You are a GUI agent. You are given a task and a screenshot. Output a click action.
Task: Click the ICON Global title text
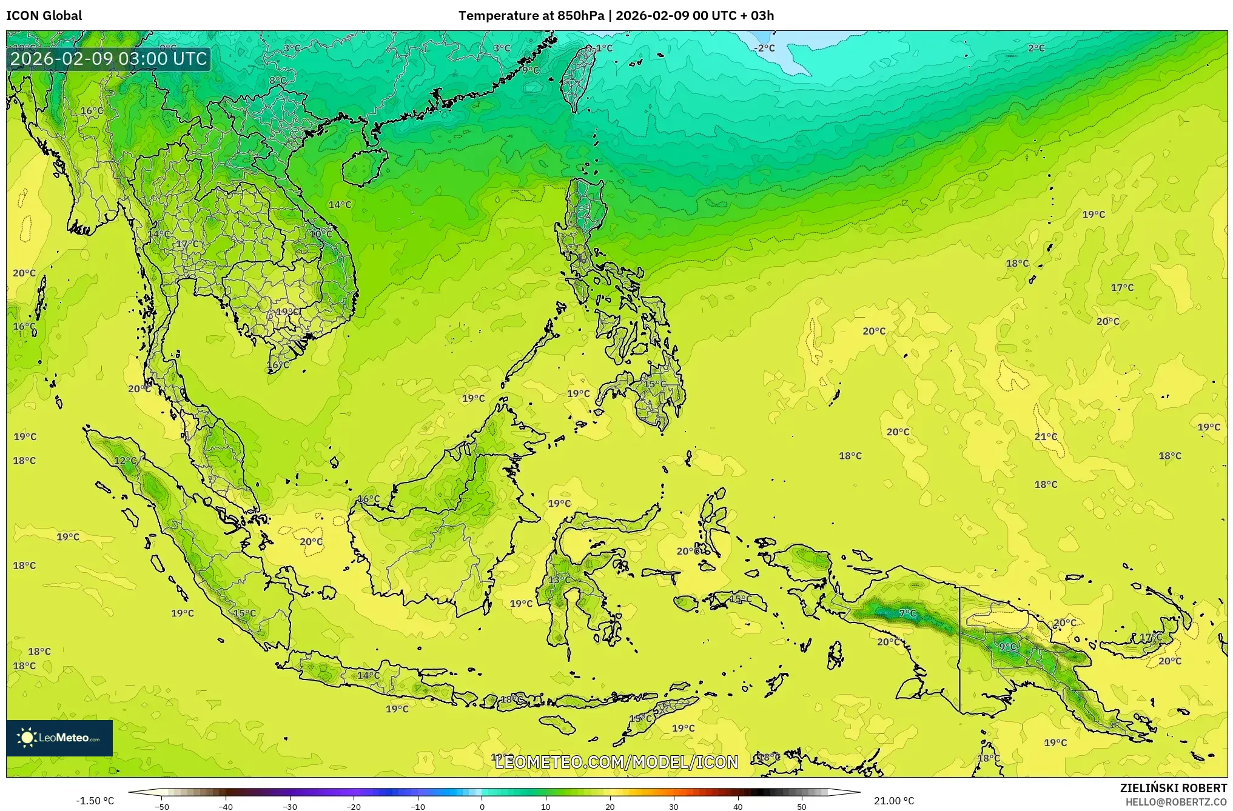click(44, 16)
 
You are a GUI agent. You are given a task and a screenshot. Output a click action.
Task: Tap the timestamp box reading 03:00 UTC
click(109, 59)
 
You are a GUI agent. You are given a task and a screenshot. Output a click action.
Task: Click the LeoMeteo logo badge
click(59, 738)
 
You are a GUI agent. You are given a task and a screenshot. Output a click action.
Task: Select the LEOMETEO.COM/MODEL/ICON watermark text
click(616, 762)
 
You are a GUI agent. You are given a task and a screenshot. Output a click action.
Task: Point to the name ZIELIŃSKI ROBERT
click(1173, 788)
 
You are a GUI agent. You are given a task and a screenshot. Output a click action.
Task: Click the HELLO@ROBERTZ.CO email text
click(1176, 802)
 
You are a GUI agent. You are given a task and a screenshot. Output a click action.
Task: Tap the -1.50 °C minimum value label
click(95, 801)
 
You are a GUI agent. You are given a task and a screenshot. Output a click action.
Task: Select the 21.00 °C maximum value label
click(894, 801)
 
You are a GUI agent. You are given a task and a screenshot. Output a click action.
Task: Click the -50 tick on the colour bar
click(162, 807)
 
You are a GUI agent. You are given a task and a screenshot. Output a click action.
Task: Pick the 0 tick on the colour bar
click(482, 807)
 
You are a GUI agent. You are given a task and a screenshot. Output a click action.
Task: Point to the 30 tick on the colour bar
click(674, 807)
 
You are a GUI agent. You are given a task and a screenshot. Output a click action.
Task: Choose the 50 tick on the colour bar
click(802, 807)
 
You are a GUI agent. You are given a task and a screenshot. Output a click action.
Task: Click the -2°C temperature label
click(765, 48)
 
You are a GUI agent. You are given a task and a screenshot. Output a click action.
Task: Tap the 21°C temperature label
click(1046, 436)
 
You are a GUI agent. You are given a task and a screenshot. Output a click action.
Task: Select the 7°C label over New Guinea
click(907, 613)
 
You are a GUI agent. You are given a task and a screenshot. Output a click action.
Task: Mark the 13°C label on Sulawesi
click(559, 579)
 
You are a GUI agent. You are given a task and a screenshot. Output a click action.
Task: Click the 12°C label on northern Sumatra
click(126, 461)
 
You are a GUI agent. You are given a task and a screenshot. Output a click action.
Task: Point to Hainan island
click(365, 167)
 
